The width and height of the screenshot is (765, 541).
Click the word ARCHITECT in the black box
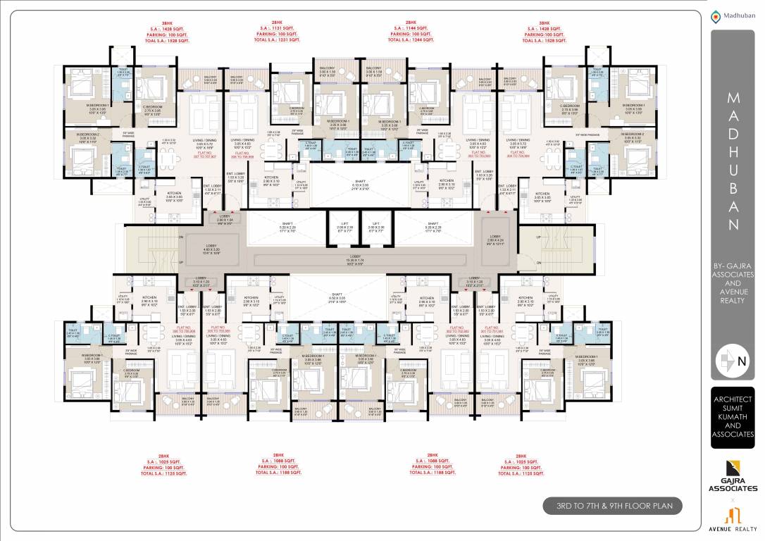[733, 399]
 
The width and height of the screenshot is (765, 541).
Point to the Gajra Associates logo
[733, 475]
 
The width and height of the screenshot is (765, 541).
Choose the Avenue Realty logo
[733, 518]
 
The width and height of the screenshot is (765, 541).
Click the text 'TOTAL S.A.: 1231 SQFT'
[277, 40]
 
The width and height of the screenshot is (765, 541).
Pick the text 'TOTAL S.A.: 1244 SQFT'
[411, 40]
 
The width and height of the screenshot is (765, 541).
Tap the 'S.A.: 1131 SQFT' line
[277, 27]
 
